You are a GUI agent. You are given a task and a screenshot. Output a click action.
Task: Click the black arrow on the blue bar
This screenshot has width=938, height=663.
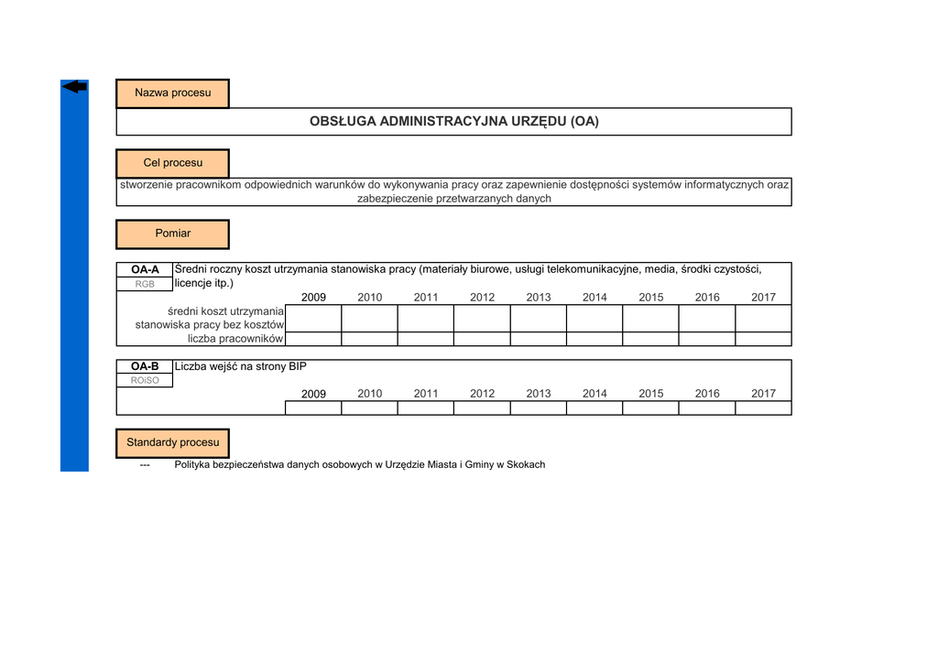click(74, 87)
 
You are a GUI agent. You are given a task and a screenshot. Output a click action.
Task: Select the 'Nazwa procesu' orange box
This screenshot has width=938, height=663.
click(172, 93)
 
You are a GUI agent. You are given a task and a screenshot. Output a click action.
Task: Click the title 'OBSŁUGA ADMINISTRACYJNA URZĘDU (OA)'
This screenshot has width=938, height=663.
click(453, 122)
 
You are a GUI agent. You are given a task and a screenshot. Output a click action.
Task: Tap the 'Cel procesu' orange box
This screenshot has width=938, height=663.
click(172, 163)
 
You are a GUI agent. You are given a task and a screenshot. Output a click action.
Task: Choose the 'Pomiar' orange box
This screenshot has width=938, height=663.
click(172, 234)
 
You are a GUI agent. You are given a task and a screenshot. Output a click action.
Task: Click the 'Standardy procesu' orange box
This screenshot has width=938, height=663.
click(172, 443)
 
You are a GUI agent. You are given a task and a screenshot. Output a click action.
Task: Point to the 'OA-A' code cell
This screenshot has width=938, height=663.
click(145, 270)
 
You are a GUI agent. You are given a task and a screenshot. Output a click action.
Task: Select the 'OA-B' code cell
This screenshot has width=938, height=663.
click(145, 367)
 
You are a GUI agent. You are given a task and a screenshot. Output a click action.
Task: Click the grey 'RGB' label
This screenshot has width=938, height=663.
click(145, 284)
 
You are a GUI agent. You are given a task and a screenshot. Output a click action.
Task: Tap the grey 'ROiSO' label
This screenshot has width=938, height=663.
click(145, 381)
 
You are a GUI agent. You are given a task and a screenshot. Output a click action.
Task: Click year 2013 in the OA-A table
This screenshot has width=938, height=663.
click(539, 298)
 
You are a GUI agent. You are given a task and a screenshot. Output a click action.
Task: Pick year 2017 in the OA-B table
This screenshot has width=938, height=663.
click(763, 394)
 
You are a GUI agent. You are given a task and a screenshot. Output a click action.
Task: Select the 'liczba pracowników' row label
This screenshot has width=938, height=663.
click(235, 339)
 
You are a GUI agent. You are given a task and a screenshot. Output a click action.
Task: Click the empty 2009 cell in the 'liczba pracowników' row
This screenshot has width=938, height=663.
click(313, 339)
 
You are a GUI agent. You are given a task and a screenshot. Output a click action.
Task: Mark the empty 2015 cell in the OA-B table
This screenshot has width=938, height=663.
click(650, 408)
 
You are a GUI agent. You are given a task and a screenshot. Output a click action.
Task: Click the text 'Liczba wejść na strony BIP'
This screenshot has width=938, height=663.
click(241, 367)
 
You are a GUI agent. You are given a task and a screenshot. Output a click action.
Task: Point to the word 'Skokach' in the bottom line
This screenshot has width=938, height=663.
click(526, 465)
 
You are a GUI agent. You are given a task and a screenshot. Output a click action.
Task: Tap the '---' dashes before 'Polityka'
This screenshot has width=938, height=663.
click(145, 465)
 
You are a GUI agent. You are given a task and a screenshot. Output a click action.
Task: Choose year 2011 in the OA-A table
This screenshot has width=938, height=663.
click(426, 298)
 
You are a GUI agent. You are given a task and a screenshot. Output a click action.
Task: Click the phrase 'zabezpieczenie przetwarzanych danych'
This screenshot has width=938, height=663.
click(453, 199)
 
